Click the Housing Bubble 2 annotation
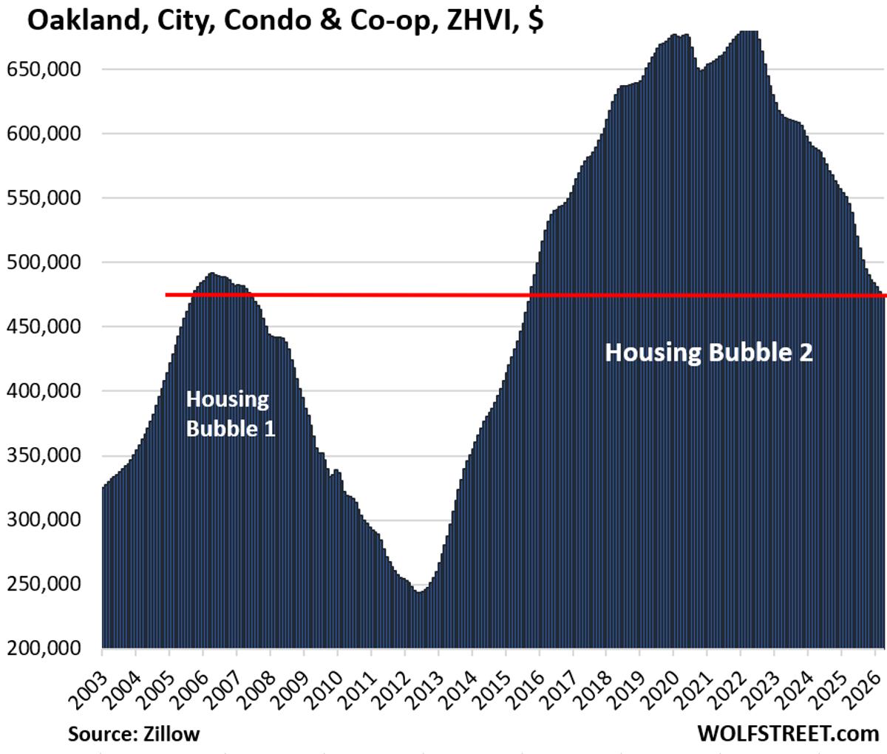(709, 353)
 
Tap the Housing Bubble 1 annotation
(230, 413)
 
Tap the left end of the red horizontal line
(167, 295)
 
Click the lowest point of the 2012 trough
(419, 592)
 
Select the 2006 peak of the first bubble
(211, 273)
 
